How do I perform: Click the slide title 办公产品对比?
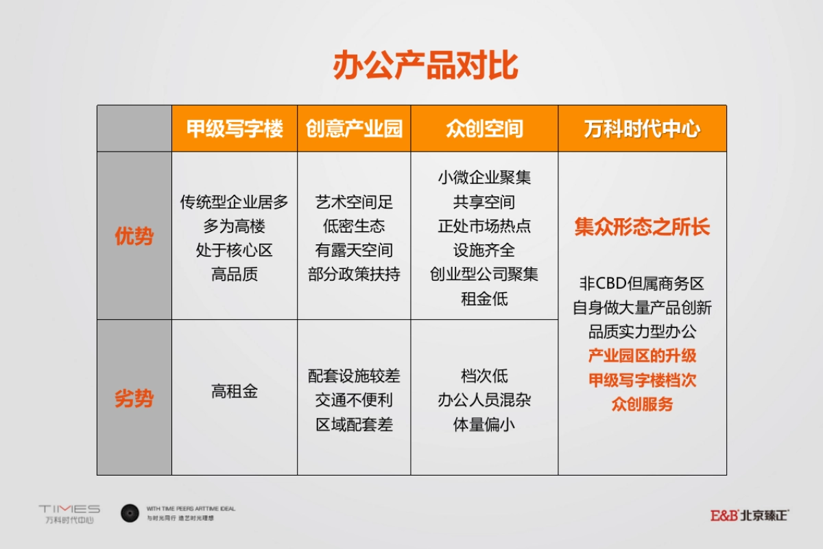pos(425,66)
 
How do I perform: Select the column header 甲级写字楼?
pos(235,129)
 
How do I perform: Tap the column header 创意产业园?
pos(354,129)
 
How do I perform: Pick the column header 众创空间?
pos(484,129)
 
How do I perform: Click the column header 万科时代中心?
pos(642,129)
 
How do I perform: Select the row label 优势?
pos(134,237)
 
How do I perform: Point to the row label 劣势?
pos(134,399)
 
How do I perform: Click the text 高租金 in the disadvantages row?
pos(235,392)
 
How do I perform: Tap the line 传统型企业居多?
pos(235,202)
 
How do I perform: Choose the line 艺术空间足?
pos(354,202)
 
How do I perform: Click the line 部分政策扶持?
pos(354,274)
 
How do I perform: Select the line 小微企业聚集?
pos(484,177)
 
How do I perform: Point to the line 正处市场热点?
pos(484,226)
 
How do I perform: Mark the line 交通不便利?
pos(354,400)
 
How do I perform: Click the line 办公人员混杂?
pos(484,400)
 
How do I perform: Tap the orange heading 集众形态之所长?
pos(642,227)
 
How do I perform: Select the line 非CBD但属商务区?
pos(642,283)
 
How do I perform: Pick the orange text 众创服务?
pos(642,404)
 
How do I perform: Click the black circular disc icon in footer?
pos(130,513)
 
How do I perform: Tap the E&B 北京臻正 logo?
pos(749,515)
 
